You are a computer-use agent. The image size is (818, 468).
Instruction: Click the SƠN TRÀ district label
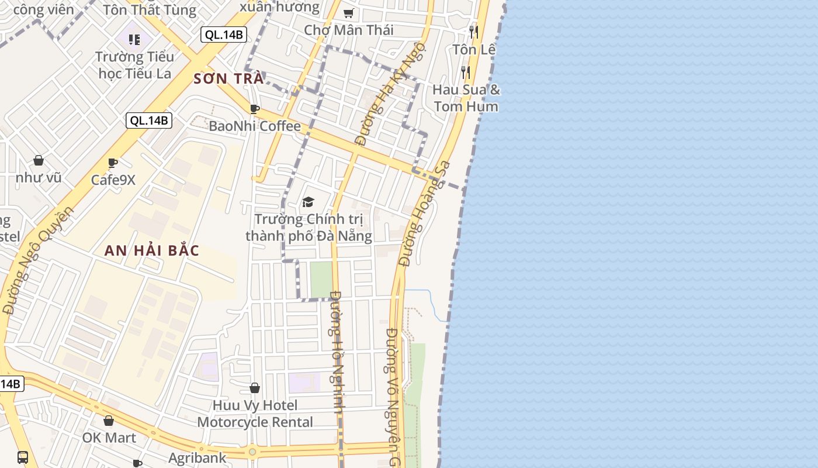coord(228,78)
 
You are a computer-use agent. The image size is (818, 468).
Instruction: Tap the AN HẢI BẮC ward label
coord(152,250)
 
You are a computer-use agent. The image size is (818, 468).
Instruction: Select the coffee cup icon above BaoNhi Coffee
coord(255,109)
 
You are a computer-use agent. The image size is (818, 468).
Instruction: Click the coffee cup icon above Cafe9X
coord(113,163)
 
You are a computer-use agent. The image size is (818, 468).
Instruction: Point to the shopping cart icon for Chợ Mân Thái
coord(349,13)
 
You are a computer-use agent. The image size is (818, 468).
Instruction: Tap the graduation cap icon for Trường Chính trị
coord(308,202)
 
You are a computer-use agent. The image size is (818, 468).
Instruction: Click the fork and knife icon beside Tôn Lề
coord(474,32)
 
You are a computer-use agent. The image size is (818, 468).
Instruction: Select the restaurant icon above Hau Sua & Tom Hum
coord(466,73)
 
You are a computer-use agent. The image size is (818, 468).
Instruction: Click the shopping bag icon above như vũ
coord(39,160)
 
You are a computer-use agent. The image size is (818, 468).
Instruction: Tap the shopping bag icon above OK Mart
coord(109,421)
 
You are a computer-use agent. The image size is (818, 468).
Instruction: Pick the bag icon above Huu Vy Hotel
coord(255,388)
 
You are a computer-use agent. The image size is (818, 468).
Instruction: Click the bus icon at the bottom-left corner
coord(23,457)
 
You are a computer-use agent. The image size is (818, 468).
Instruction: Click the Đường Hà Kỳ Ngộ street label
coord(390,94)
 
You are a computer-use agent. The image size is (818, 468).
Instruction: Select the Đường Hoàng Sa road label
coord(425,213)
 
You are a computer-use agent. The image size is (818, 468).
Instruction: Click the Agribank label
coord(197,457)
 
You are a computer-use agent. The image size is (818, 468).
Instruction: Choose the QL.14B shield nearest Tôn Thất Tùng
coord(223,35)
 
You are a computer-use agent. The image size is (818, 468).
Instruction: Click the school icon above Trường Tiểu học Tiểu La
coord(135,40)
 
